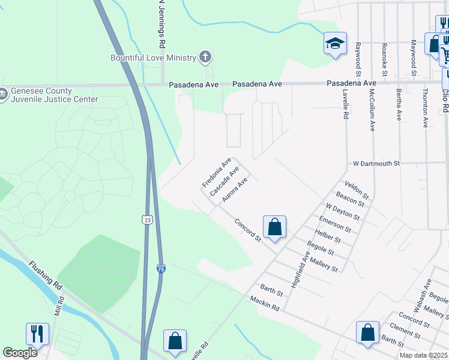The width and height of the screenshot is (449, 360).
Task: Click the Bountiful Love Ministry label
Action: (x=153, y=58)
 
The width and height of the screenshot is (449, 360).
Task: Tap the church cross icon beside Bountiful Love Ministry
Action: (x=205, y=58)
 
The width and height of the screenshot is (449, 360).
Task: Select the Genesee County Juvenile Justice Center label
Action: (x=36, y=95)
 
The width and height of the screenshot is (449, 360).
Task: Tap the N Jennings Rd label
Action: (x=161, y=24)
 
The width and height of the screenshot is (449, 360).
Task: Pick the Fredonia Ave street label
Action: (x=217, y=172)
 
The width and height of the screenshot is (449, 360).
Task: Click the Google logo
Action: (x=20, y=353)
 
